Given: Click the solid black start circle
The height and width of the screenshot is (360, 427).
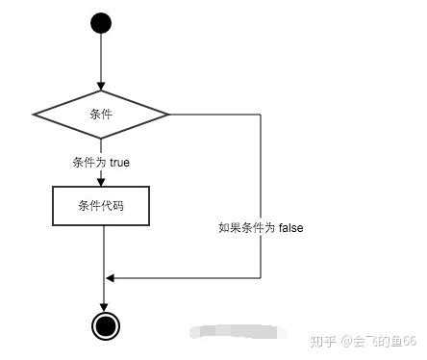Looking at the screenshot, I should (101, 23).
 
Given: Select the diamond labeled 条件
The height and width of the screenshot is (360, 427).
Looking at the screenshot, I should (101, 115).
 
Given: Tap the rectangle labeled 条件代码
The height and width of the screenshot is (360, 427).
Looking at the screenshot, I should (101, 205).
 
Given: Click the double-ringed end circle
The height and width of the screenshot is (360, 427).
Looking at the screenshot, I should (103, 325).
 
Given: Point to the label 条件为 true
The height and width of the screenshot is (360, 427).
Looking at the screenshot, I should (101, 163).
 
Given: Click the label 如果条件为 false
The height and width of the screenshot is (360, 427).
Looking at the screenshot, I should (262, 228).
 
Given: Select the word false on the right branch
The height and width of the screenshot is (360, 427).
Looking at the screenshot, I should (290, 228).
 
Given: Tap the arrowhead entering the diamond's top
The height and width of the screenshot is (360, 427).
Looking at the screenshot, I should (101, 87).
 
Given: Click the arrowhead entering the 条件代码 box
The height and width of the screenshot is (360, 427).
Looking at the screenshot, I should (101, 180).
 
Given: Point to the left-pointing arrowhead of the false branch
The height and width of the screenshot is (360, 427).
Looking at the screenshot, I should (111, 278).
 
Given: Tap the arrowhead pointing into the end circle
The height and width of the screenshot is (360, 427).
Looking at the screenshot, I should (103, 305).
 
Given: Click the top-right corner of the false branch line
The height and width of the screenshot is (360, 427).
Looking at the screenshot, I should (261, 115).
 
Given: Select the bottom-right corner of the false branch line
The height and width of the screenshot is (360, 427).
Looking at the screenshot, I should (261, 278).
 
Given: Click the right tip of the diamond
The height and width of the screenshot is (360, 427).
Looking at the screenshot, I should (169, 115).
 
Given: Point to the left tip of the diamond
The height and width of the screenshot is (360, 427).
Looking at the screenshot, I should (34, 115).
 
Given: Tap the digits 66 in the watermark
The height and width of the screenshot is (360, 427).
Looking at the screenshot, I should (409, 341).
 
